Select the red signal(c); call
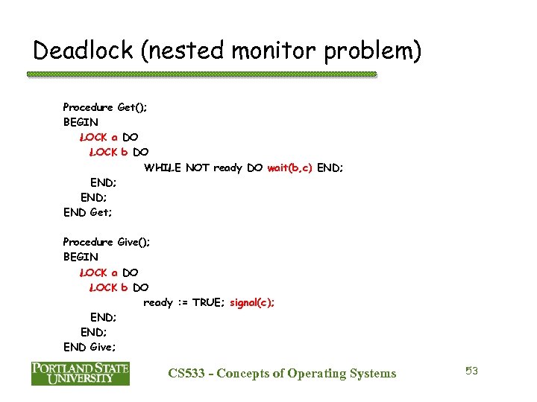click(x=252, y=302)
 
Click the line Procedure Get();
click(x=104, y=107)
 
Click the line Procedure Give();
click(x=105, y=242)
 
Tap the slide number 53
click(x=471, y=371)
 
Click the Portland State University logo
click(x=80, y=373)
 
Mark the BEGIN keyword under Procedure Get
click(x=81, y=122)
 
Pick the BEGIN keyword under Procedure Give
click(x=81, y=257)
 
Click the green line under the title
click(x=201, y=74)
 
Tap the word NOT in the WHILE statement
click(x=198, y=167)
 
